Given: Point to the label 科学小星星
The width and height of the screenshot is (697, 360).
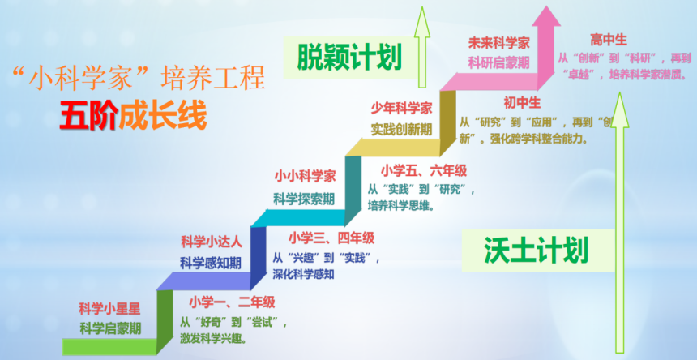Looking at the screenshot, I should (110, 308).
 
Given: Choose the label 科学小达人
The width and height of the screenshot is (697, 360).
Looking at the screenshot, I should (211, 241).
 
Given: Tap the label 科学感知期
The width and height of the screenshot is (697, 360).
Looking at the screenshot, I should (211, 262).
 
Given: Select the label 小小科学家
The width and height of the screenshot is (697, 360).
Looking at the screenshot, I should (304, 174).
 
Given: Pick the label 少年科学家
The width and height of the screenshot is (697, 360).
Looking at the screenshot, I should (401, 108).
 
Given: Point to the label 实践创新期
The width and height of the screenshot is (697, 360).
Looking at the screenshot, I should (401, 129).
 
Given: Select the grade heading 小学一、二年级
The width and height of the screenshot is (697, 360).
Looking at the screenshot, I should (232, 302).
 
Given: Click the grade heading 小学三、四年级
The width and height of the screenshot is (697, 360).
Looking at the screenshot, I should (331, 238).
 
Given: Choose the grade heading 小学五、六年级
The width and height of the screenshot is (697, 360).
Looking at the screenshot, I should (424, 170).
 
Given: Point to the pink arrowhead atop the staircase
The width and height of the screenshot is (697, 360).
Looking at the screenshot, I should (548, 20).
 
